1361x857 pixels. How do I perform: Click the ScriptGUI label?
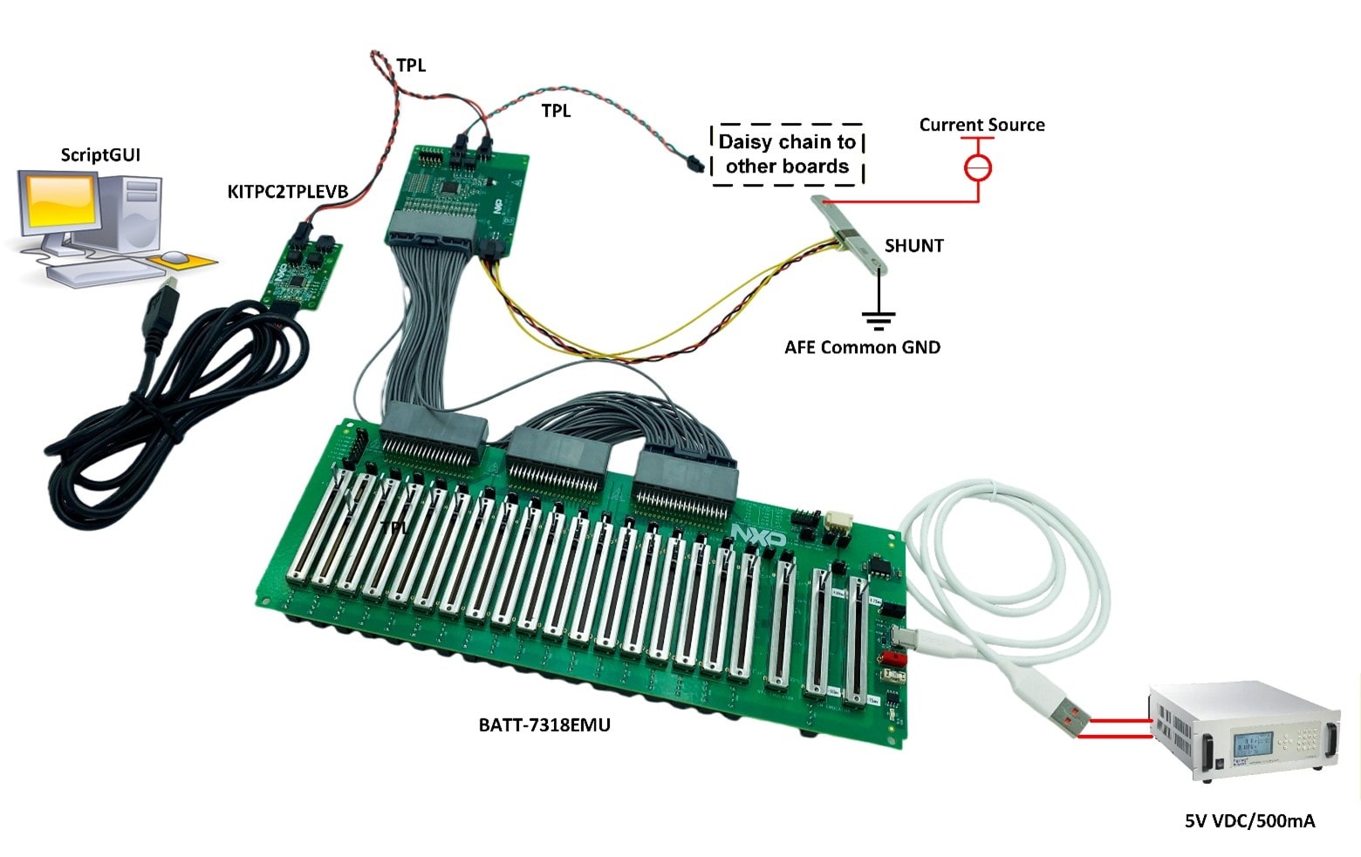tap(99, 155)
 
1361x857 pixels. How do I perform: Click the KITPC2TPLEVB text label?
tap(287, 192)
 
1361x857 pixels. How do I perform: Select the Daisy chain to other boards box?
tap(787, 154)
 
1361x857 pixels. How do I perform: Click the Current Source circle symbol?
tap(978, 166)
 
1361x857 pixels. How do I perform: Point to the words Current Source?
tap(981, 125)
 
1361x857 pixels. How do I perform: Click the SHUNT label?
tap(913, 246)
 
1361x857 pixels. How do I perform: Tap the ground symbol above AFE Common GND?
tap(879, 319)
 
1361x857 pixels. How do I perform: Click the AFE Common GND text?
tap(862, 347)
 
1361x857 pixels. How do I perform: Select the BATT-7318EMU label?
tap(544, 724)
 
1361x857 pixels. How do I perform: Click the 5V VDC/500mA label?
tap(1249, 820)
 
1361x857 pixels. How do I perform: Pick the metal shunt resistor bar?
tap(850, 235)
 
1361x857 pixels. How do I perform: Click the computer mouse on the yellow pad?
tap(175, 257)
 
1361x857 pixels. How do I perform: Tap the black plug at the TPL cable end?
tap(693, 162)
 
